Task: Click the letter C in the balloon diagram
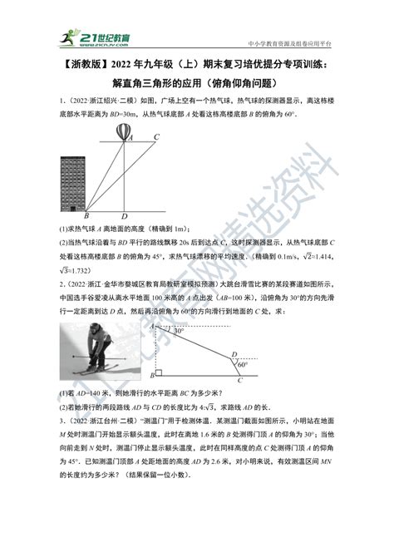(x=157, y=138)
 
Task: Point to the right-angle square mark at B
(x=182, y=374)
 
